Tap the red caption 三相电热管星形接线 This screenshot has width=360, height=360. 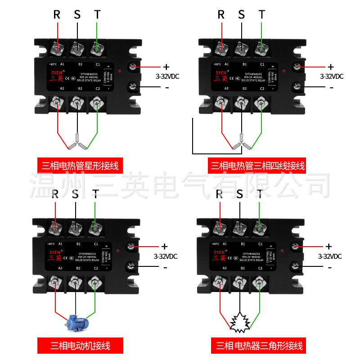point(80,166)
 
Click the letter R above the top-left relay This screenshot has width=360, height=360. point(57,15)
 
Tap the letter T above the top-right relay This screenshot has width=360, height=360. point(262,15)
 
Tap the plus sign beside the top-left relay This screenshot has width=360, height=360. point(166,67)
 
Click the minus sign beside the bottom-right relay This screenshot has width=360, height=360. point(330,268)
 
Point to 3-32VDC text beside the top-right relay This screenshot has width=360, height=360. point(331,76)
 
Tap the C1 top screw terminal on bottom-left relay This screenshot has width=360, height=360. point(94,228)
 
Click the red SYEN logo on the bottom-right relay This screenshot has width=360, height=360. point(219,252)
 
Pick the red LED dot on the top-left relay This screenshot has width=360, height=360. point(119,72)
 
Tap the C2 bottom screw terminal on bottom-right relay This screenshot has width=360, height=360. point(259,283)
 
